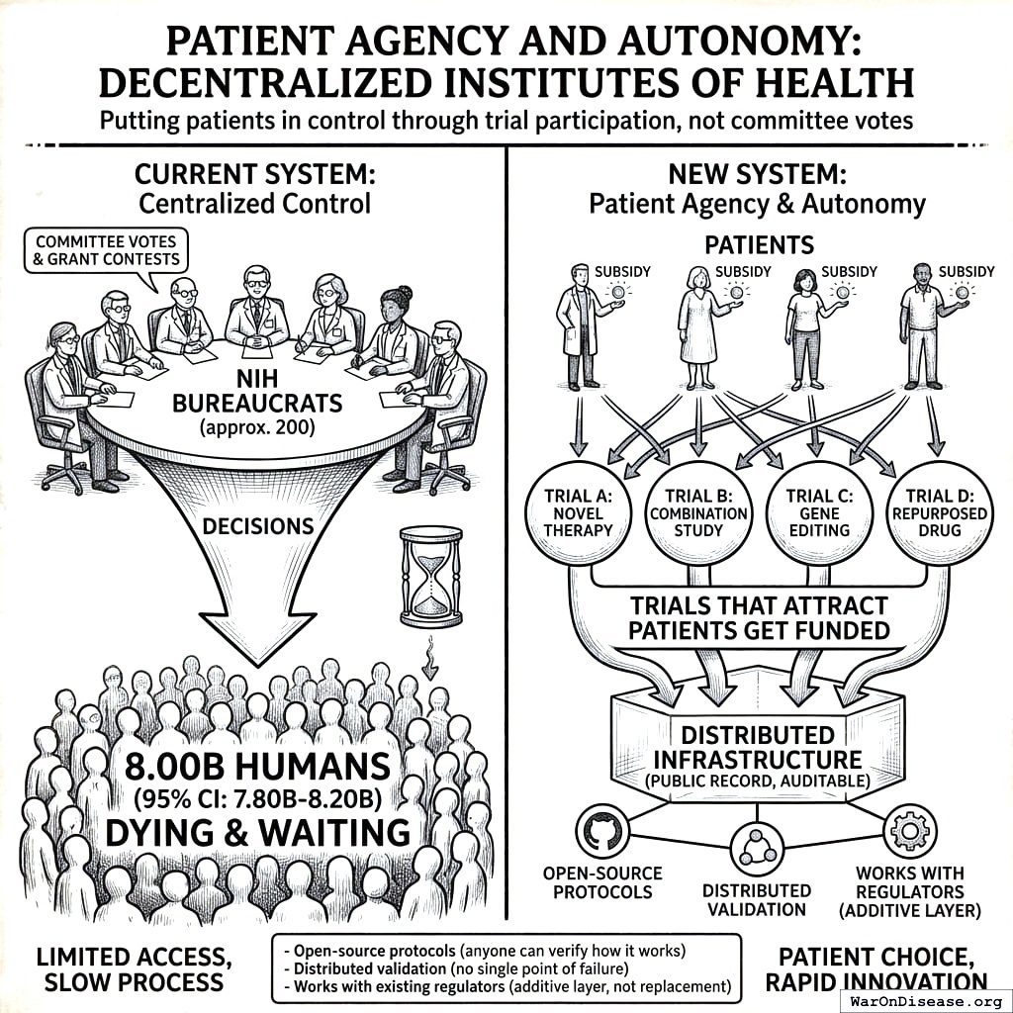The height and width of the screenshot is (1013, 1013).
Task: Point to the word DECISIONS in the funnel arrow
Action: coord(258,525)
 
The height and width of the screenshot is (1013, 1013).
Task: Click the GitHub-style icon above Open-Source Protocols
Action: coord(601,831)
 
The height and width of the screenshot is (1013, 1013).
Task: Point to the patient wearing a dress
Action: coord(701,326)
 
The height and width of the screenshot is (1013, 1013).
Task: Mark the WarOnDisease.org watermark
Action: coord(925,1000)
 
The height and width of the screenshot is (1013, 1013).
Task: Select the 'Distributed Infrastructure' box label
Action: coord(757,747)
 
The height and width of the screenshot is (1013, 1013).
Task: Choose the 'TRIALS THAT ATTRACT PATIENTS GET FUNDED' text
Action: coord(758,617)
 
